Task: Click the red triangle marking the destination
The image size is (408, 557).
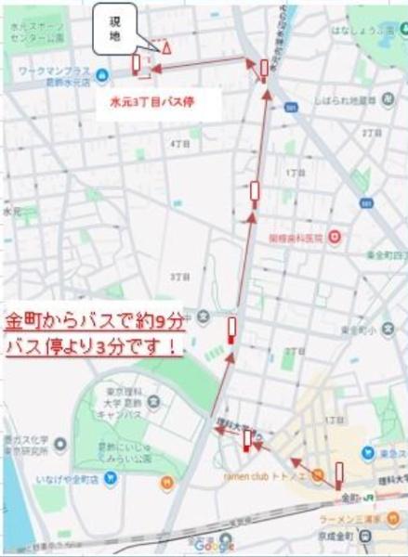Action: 166,46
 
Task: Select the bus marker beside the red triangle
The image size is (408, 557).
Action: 137,63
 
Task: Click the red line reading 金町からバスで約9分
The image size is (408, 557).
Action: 94,322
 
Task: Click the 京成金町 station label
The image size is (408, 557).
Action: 384,537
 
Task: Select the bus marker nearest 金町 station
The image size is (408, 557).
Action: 339,474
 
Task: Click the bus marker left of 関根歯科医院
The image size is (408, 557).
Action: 255,192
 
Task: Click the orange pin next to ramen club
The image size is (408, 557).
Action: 166,483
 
